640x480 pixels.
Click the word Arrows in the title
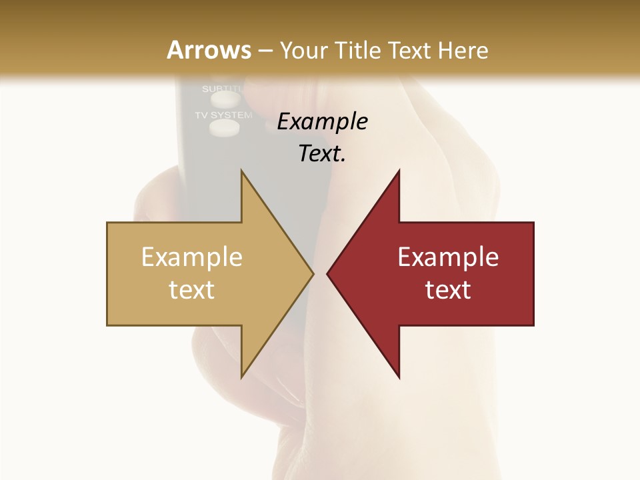tap(209, 50)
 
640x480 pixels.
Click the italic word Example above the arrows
tap(322, 122)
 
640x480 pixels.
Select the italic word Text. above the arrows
tap(322, 154)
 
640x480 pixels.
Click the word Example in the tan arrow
tap(192, 257)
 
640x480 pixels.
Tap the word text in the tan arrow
tap(192, 290)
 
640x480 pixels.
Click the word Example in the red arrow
tap(448, 257)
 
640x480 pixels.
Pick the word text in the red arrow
tap(448, 290)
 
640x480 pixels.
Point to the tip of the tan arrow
tap(312, 273)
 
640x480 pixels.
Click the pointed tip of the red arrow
tap(328, 273)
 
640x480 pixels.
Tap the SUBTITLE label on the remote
tap(223, 89)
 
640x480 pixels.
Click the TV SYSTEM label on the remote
tap(223, 115)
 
